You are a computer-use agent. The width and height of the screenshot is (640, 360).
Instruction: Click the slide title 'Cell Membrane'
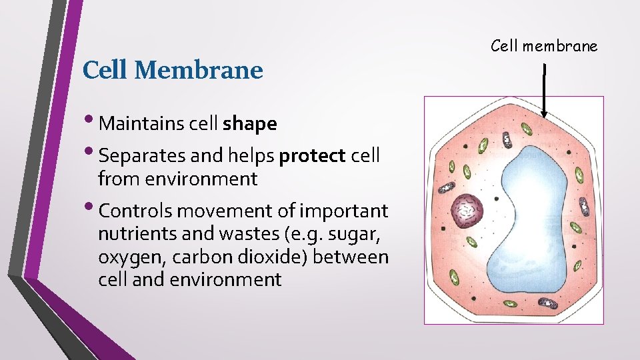tap(172, 69)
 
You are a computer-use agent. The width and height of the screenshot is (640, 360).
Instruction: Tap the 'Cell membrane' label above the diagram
tap(544, 45)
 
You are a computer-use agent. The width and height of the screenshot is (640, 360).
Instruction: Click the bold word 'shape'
tap(250, 124)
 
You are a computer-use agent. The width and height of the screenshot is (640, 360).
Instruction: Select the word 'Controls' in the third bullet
tap(131, 211)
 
